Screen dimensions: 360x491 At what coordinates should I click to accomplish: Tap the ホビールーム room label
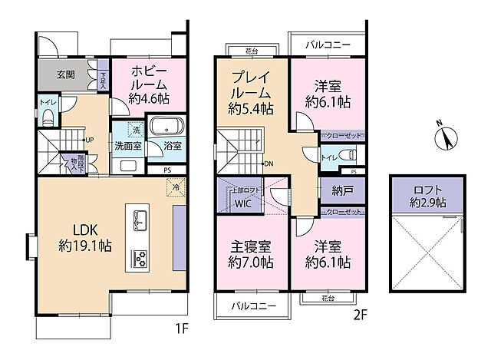[x=148, y=84]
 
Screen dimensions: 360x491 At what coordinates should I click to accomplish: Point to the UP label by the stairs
[x=90, y=140]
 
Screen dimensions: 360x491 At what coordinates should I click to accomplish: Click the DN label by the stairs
[x=269, y=163]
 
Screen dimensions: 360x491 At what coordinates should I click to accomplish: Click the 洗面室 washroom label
[x=127, y=146]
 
